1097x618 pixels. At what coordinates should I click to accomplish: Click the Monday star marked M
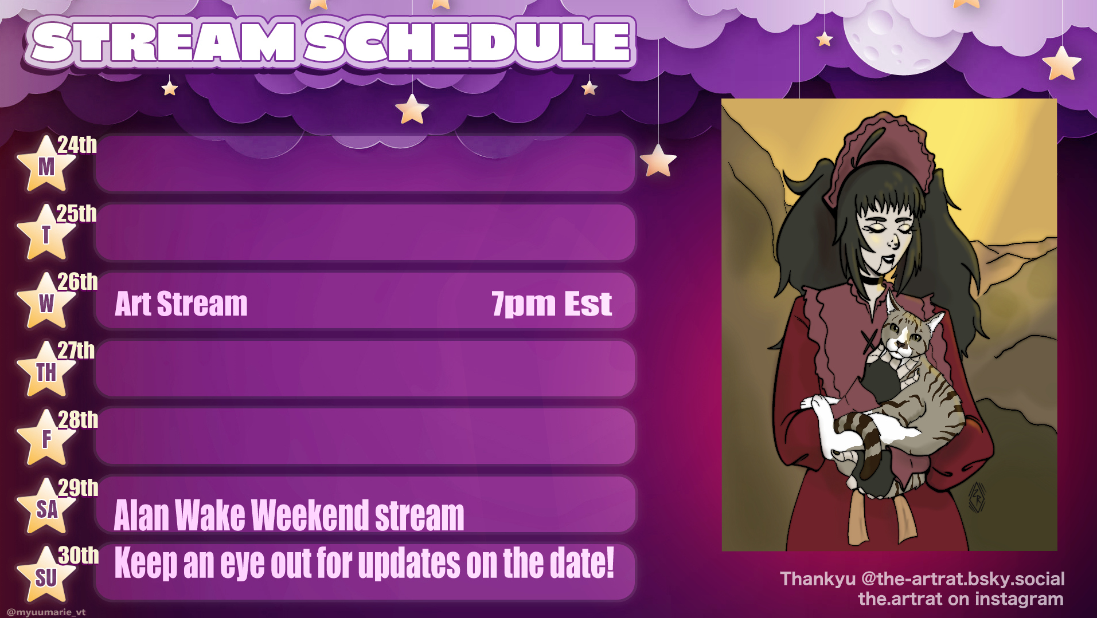(x=46, y=165)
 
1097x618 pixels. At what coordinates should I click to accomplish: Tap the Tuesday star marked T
(x=46, y=234)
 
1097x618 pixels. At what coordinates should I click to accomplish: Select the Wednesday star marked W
(x=46, y=302)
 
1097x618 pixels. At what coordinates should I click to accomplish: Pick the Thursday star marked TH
(x=46, y=371)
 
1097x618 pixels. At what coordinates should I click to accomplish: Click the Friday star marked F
(x=46, y=439)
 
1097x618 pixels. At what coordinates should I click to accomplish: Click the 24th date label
(x=77, y=145)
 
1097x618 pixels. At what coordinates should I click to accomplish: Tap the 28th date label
(x=78, y=420)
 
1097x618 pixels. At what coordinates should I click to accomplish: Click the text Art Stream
(x=181, y=304)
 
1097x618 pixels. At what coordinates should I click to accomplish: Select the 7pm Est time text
(x=552, y=304)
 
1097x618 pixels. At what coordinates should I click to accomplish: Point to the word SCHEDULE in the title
(x=467, y=42)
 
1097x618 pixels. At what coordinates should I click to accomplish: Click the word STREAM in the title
(x=164, y=42)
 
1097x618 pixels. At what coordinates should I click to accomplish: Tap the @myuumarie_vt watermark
(x=46, y=612)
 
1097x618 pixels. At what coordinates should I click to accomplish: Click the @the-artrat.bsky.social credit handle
(x=963, y=579)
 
